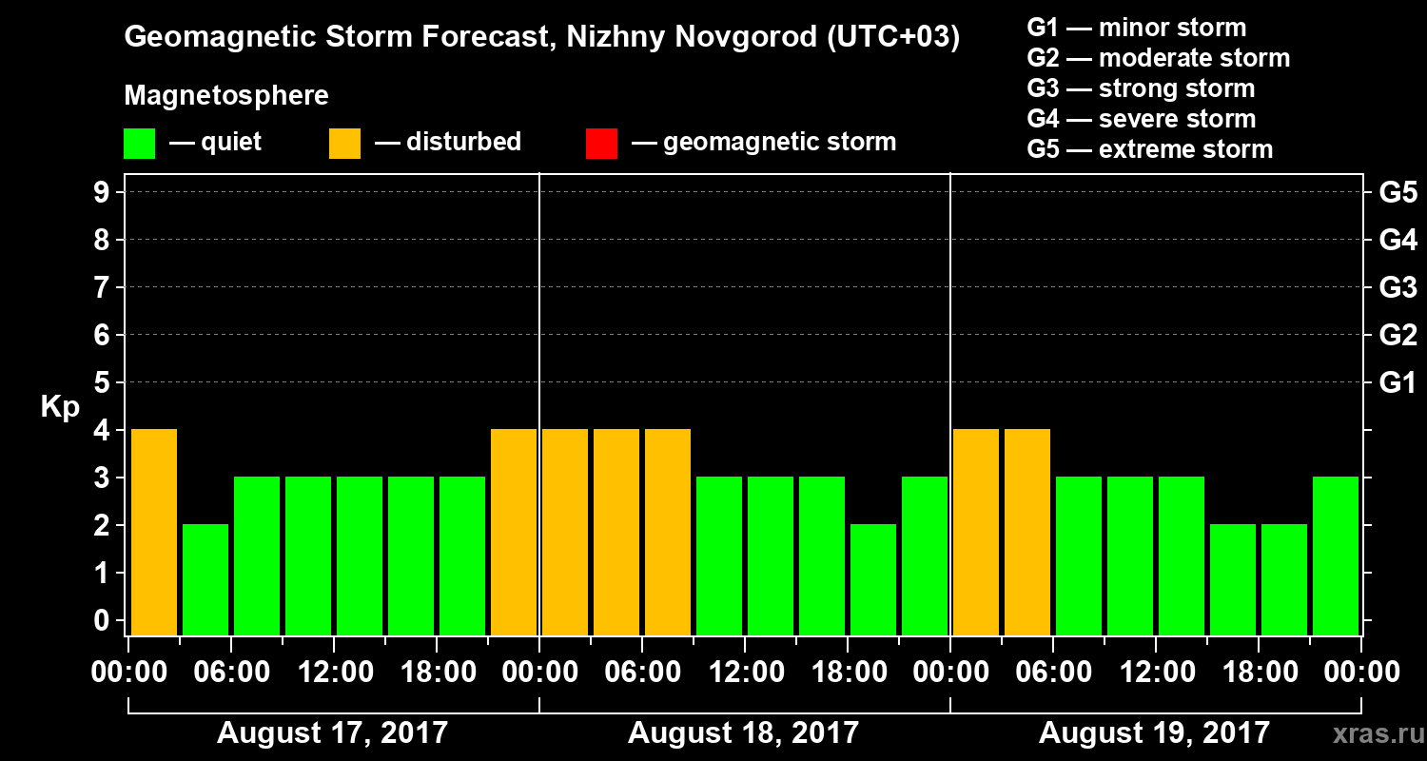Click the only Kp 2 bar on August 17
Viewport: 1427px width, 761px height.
[x=205, y=578]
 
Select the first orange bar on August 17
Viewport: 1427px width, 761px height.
[x=154, y=531]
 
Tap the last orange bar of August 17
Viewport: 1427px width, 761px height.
[x=514, y=531]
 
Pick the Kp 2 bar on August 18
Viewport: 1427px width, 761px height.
[x=873, y=578]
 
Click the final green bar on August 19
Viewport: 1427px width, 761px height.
[x=1336, y=555]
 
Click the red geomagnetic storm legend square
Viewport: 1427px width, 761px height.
[x=601, y=144]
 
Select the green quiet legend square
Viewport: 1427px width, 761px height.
[x=139, y=144]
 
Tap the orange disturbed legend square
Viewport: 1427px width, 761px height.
[x=344, y=144]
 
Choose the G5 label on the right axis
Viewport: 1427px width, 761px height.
[x=1398, y=193]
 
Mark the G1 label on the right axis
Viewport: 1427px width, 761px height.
[x=1398, y=383]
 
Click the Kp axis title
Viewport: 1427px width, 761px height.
[x=60, y=407]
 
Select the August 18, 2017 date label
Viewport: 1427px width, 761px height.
[x=743, y=733]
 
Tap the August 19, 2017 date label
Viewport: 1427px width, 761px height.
[x=1154, y=733]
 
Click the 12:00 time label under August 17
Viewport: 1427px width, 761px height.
[x=334, y=673]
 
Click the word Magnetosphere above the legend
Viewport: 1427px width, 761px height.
[x=226, y=96]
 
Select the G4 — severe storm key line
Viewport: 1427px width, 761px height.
[x=1142, y=119]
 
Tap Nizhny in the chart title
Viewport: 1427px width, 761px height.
[x=596, y=38]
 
